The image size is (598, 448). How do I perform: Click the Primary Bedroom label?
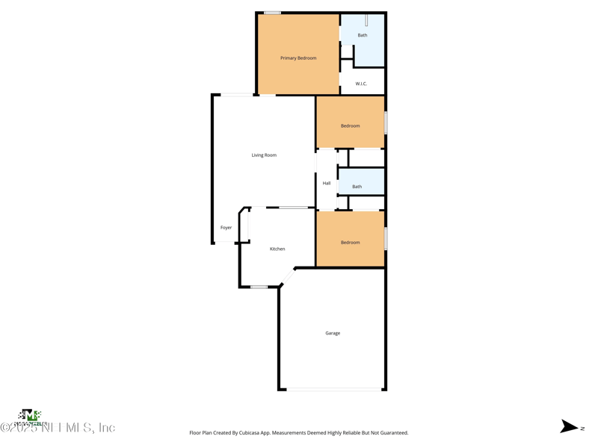[x=298, y=58]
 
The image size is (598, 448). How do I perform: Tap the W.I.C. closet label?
[x=361, y=84]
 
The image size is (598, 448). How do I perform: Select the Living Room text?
[x=264, y=155]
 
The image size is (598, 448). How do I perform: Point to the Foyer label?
[x=226, y=228]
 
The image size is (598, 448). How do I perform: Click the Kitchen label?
[x=277, y=249]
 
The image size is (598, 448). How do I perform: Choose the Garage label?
[x=333, y=333]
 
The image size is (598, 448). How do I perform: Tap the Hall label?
[x=327, y=183]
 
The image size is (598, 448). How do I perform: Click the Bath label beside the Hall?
[x=357, y=187]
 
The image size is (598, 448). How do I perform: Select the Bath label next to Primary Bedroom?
[x=363, y=35]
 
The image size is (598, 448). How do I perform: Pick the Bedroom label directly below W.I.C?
[x=350, y=126]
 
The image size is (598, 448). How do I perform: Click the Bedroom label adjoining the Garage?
[x=350, y=243]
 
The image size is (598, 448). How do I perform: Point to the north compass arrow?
[x=570, y=427]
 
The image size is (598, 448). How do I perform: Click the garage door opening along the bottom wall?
[x=334, y=389]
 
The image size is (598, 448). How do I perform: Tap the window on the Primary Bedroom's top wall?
[x=273, y=13]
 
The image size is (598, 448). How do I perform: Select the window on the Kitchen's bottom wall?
[x=259, y=287]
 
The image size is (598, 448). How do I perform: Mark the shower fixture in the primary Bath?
[x=366, y=21]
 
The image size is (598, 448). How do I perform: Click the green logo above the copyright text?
[x=29, y=415]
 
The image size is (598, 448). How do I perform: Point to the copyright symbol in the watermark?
[x=5, y=428]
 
